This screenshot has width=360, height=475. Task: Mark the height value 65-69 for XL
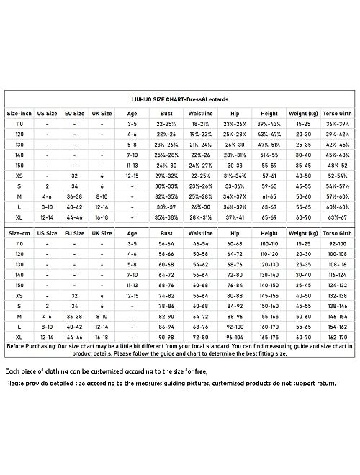tap(268, 214)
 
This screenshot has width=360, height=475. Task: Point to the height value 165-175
tap(268, 336)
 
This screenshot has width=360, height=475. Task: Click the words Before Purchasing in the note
tap(30, 346)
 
